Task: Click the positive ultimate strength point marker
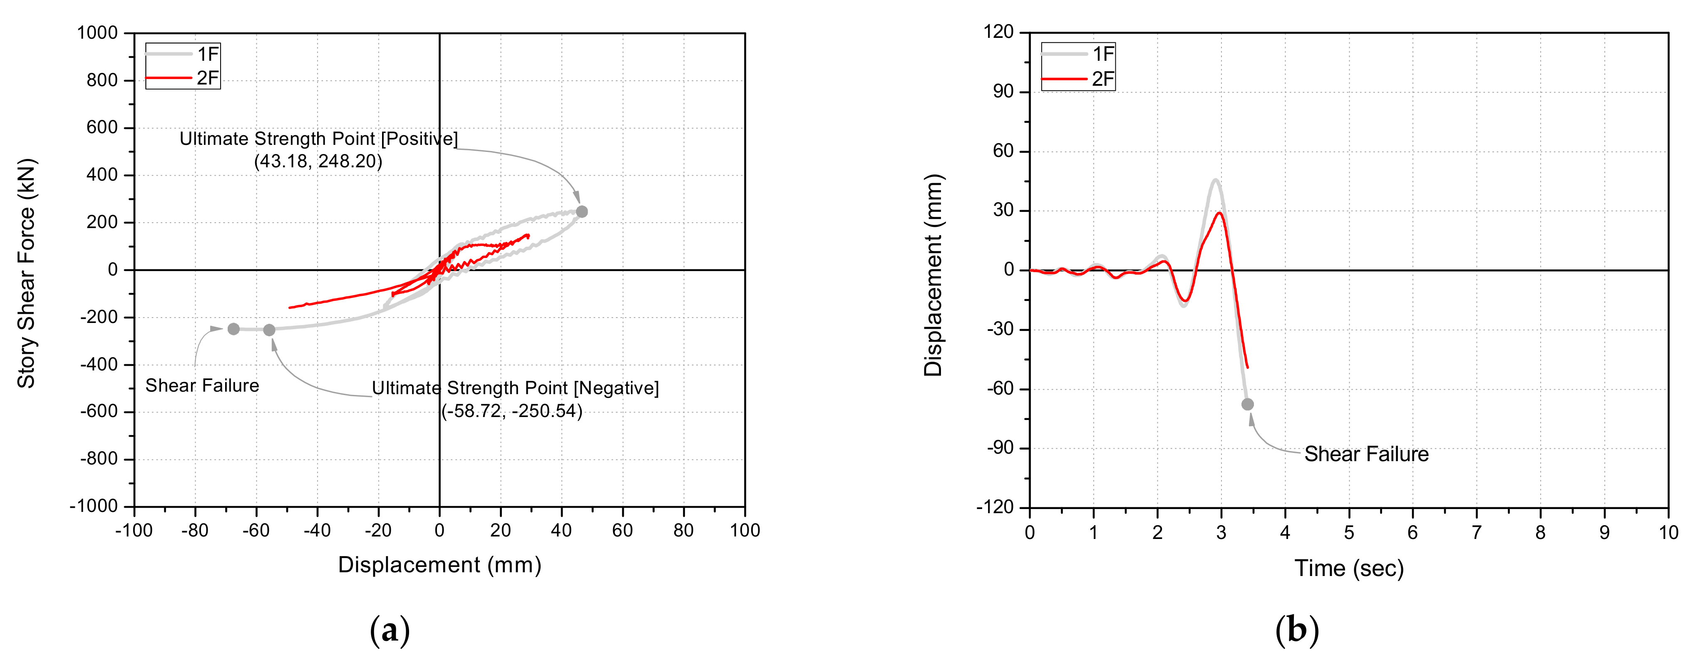coord(582,211)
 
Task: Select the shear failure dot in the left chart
coord(233,328)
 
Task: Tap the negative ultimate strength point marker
coord(269,330)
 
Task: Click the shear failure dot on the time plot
coord(1247,404)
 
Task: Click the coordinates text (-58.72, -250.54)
coord(511,411)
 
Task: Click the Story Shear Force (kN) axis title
coord(26,273)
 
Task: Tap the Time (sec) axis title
coord(1349,569)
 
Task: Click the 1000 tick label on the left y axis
coord(97,33)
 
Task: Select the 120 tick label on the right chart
coord(998,32)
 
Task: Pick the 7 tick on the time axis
coord(1477,532)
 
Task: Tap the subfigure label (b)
coord(1296,631)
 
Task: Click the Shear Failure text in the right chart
coord(1366,454)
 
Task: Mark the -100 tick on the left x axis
coord(134,530)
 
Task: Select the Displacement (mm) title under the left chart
coord(439,565)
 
